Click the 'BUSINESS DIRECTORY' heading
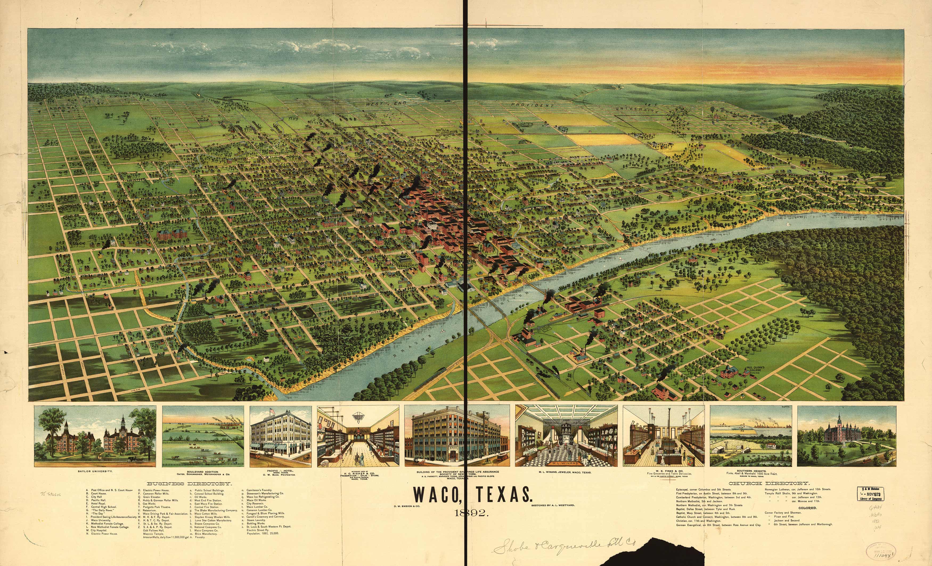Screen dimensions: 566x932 pos(189,483)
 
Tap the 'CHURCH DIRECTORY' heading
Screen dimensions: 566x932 pos(769,483)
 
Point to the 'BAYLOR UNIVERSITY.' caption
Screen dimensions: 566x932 pos(95,471)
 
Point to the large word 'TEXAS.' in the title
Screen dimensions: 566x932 pos(504,495)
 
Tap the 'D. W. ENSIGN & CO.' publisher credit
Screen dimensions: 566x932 pos(407,506)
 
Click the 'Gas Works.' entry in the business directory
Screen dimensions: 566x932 pos(149,504)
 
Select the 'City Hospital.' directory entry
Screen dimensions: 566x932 pos(99,531)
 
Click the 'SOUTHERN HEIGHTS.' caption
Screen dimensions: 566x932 pos(751,471)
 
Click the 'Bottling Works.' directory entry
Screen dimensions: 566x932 pos(256,524)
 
